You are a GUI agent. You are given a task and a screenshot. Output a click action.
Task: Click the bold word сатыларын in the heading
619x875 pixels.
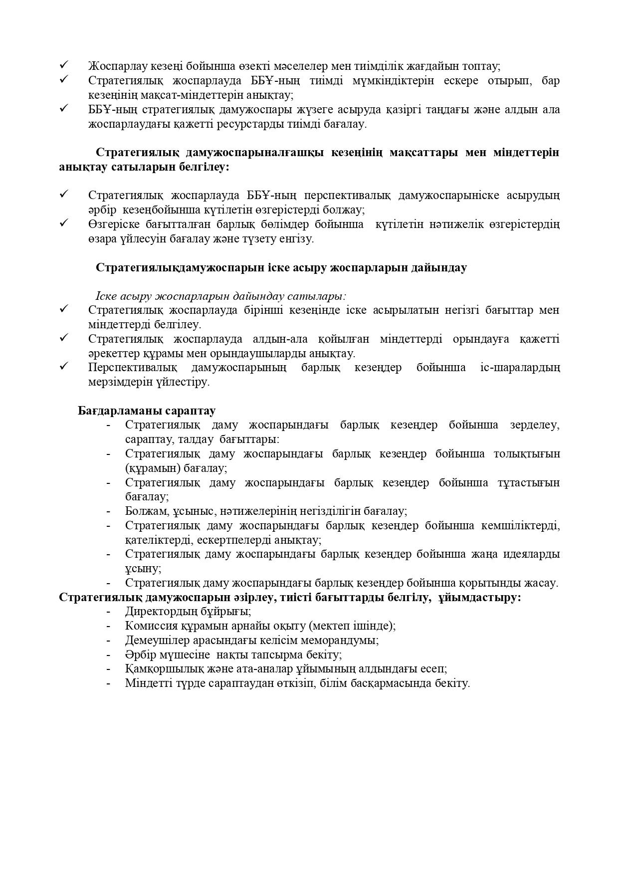(x=151, y=167)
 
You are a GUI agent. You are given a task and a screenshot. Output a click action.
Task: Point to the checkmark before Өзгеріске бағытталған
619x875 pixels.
(x=64, y=223)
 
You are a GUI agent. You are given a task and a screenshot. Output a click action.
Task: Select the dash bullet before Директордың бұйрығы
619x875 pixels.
(x=108, y=611)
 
